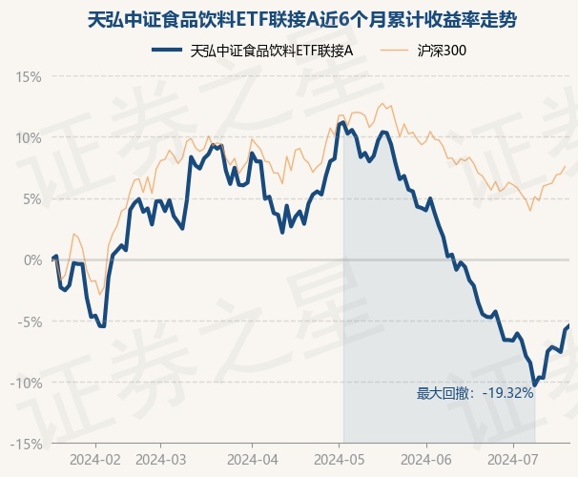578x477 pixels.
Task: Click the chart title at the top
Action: (289, 19)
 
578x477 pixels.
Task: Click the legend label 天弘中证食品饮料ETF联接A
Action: (272, 51)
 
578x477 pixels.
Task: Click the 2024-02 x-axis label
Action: (95, 459)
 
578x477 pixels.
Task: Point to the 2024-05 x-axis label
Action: (341, 459)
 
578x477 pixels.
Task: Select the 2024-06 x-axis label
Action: (426, 459)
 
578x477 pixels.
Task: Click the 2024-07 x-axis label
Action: (513, 459)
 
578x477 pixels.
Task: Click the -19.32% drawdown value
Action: (507, 392)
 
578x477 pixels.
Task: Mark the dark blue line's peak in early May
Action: (342, 122)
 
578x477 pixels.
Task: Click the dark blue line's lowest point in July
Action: (534, 385)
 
